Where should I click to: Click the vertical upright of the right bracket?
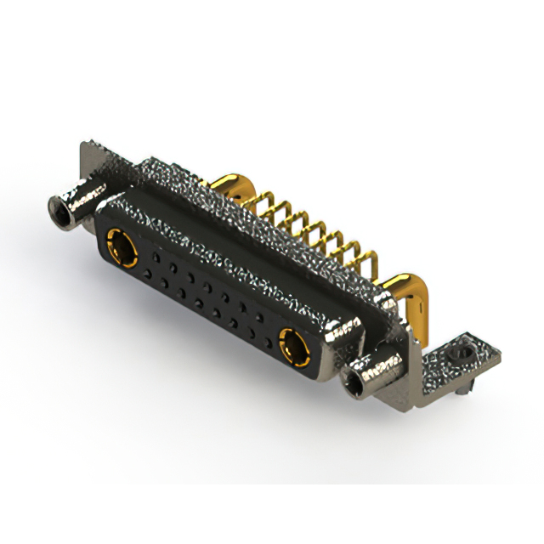coord(408,340)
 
